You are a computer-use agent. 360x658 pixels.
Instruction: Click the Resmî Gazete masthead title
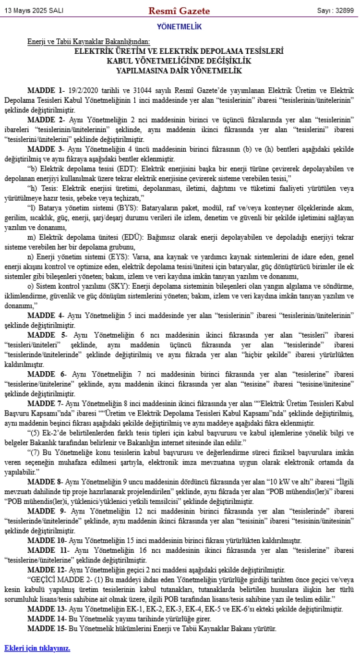coord(180,11)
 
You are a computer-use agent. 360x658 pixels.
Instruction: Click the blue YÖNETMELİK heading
coord(180,27)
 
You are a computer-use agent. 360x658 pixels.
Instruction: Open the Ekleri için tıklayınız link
coord(37,648)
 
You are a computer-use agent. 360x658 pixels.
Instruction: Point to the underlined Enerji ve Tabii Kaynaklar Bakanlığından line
coord(89,42)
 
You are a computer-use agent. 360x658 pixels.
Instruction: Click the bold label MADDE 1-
coord(46,90)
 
